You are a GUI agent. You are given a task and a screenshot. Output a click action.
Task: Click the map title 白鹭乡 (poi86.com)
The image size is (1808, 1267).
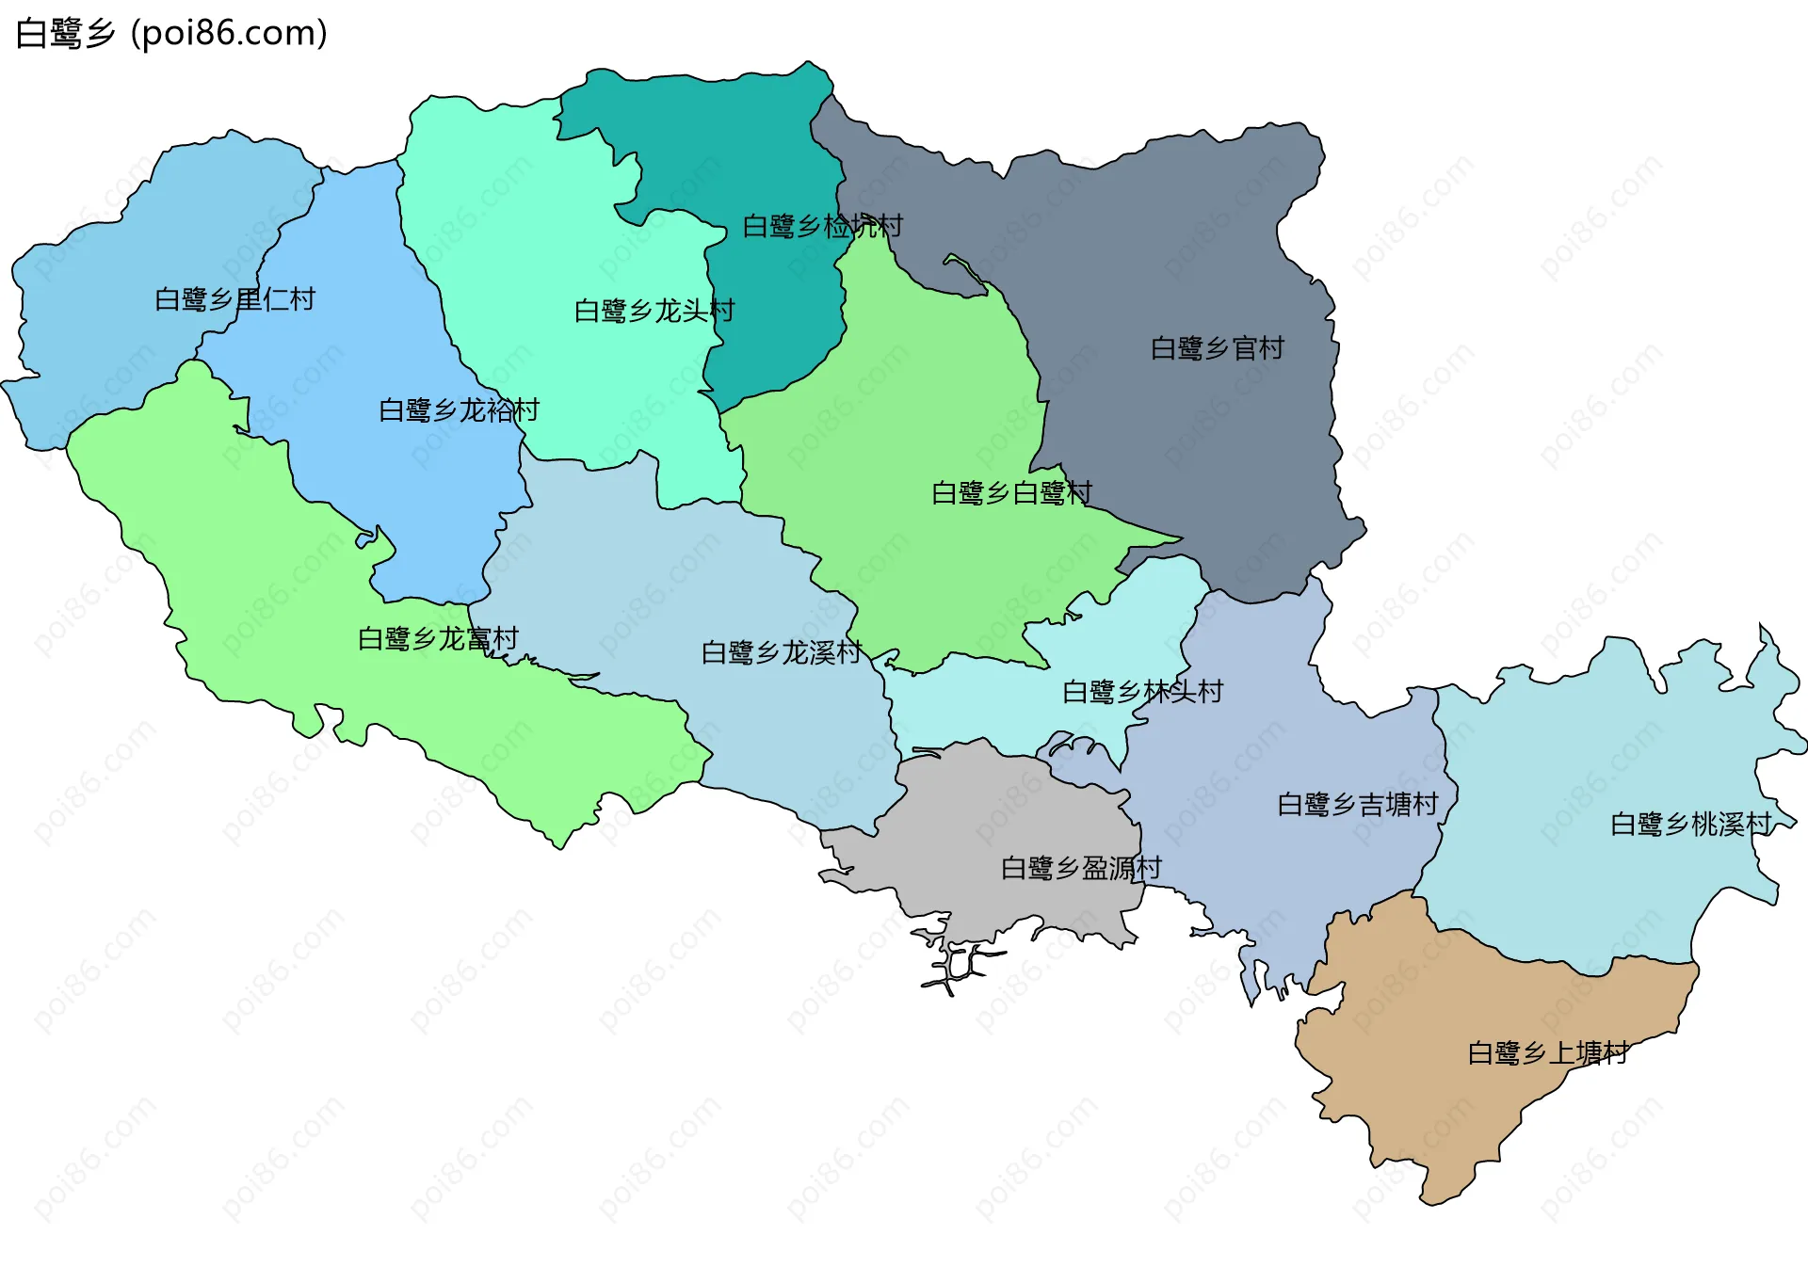pyautogui.click(x=171, y=34)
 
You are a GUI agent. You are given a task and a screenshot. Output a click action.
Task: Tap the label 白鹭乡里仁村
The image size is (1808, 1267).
pyautogui.click(x=234, y=299)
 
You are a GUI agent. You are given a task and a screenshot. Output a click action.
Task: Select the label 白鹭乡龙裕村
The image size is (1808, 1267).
pyautogui.click(x=459, y=410)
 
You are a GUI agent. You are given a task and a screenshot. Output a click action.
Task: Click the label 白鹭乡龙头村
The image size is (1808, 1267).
pyautogui.click(x=654, y=311)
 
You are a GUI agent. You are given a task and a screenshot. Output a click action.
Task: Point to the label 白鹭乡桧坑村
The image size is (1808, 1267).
pyautogui.click(x=822, y=226)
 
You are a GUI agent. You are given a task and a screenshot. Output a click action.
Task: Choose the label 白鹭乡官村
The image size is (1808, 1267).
pyautogui.click(x=1217, y=348)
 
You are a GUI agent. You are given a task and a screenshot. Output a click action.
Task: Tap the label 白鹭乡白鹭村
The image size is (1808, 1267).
pyautogui.click(x=1011, y=493)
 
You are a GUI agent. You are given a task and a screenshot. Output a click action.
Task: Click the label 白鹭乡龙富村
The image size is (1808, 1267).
pyautogui.click(x=438, y=639)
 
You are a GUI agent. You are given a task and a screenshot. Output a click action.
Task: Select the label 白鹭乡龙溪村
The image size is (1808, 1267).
pyautogui.click(x=782, y=652)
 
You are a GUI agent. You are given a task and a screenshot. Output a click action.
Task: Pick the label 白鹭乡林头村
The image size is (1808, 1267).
pyautogui.click(x=1142, y=692)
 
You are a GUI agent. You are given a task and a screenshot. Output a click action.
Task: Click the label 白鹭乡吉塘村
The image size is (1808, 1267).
pyautogui.click(x=1357, y=804)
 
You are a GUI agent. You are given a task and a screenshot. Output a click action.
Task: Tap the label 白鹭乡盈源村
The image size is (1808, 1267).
pyautogui.click(x=1081, y=868)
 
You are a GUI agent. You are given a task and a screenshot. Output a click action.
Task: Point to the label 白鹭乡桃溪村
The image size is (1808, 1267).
pyautogui.click(x=1690, y=825)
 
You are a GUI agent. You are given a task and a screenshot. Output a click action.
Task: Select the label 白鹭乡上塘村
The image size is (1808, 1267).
pyautogui.click(x=1548, y=1052)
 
